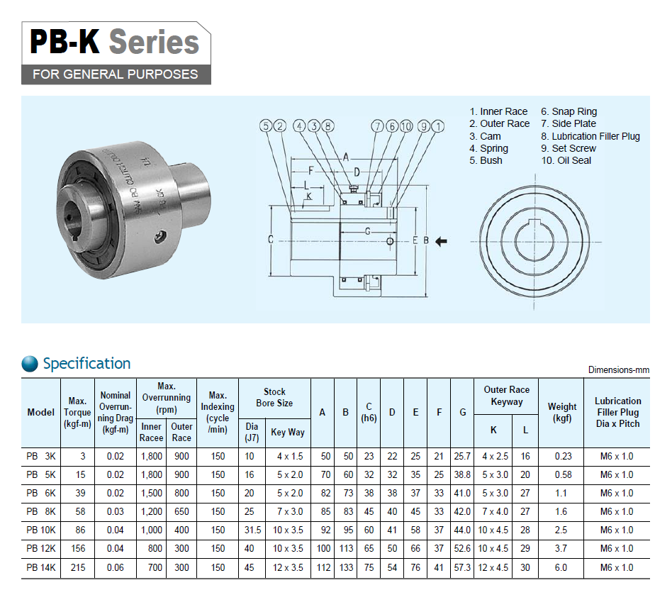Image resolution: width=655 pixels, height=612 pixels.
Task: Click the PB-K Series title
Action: (x=114, y=42)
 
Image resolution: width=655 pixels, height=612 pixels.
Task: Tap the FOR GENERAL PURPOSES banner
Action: (x=116, y=74)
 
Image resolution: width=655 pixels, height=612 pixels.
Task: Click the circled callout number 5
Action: (x=266, y=126)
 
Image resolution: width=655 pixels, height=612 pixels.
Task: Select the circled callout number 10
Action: (x=406, y=126)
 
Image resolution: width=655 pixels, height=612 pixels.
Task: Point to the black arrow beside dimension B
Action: (x=441, y=241)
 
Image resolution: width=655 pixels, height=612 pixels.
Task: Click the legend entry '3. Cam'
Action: (x=485, y=136)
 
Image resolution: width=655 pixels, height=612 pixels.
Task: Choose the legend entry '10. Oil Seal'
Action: (x=566, y=160)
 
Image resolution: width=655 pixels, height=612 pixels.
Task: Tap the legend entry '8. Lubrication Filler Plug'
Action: (x=590, y=136)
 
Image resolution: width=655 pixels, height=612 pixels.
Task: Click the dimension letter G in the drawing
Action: (x=368, y=231)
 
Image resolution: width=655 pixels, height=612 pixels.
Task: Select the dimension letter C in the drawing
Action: (x=271, y=240)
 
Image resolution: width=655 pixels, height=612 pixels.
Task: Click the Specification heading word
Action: (x=87, y=363)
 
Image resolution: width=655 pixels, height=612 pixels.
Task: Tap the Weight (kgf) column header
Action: (x=562, y=412)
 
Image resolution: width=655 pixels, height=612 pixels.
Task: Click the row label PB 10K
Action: (x=41, y=530)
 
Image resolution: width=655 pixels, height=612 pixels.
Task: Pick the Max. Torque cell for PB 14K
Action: (x=78, y=568)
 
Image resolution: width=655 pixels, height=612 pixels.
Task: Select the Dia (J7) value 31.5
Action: (x=253, y=530)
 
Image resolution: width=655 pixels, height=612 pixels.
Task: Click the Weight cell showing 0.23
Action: (x=563, y=457)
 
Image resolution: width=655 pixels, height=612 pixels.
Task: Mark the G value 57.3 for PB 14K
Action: (x=462, y=568)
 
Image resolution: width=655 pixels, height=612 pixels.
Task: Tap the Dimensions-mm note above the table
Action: (x=619, y=370)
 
